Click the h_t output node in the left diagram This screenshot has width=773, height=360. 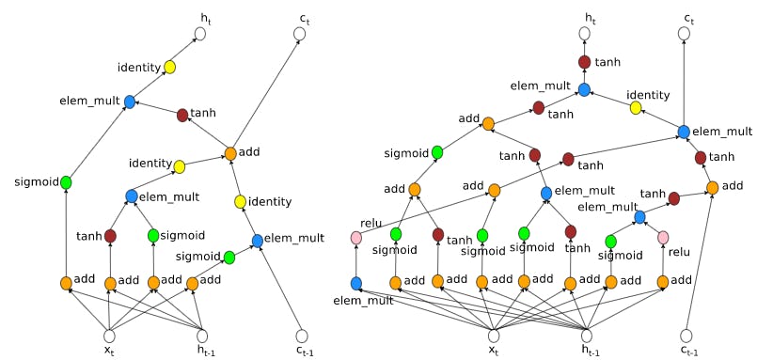[x=199, y=35]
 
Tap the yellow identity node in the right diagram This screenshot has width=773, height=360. [x=636, y=108]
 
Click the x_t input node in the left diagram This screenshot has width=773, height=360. [x=109, y=336]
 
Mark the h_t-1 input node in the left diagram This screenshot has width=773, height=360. [x=202, y=336]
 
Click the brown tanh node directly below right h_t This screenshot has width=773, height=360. [x=584, y=62]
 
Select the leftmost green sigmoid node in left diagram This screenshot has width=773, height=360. [x=67, y=182]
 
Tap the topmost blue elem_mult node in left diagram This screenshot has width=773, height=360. [x=130, y=101]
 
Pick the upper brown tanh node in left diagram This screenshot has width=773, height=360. [x=182, y=115]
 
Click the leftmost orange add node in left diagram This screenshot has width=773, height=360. [x=67, y=282]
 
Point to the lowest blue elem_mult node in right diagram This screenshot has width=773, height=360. [x=356, y=282]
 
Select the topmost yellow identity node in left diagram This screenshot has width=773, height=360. [x=170, y=67]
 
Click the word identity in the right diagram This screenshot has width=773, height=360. [x=648, y=95]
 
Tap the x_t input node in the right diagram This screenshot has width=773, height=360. [x=494, y=336]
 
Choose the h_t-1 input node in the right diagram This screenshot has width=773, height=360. [x=587, y=336]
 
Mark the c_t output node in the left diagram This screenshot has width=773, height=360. [x=300, y=35]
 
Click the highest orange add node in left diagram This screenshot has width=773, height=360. [x=230, y=153]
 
